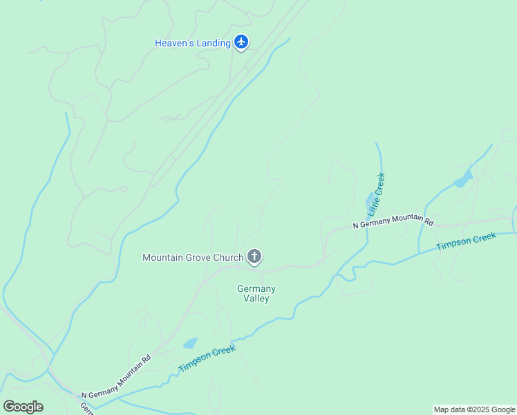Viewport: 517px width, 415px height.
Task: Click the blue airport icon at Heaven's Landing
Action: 241,43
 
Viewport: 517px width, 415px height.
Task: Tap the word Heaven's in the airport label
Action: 173,43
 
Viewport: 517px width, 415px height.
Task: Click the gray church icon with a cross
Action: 254,257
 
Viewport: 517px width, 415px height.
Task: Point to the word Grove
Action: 197,257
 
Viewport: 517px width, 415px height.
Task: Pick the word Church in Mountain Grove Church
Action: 228,257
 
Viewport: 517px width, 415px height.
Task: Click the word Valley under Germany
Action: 256,298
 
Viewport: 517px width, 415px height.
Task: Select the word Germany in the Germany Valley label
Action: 256,288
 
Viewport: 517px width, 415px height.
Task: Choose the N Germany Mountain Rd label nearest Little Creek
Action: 393,221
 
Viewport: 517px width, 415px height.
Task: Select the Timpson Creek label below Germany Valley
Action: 207,358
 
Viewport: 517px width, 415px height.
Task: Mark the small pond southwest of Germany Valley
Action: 189,343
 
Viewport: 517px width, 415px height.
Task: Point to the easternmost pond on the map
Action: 462,181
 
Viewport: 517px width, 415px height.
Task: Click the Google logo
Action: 23,407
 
